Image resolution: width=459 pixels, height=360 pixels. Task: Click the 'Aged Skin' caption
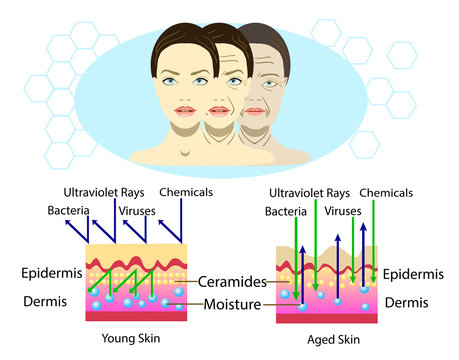(x=326, y=338)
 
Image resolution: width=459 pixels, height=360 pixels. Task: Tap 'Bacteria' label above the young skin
(x=69, y=210)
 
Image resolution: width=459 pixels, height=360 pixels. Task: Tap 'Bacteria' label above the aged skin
(x=286, y=212)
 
